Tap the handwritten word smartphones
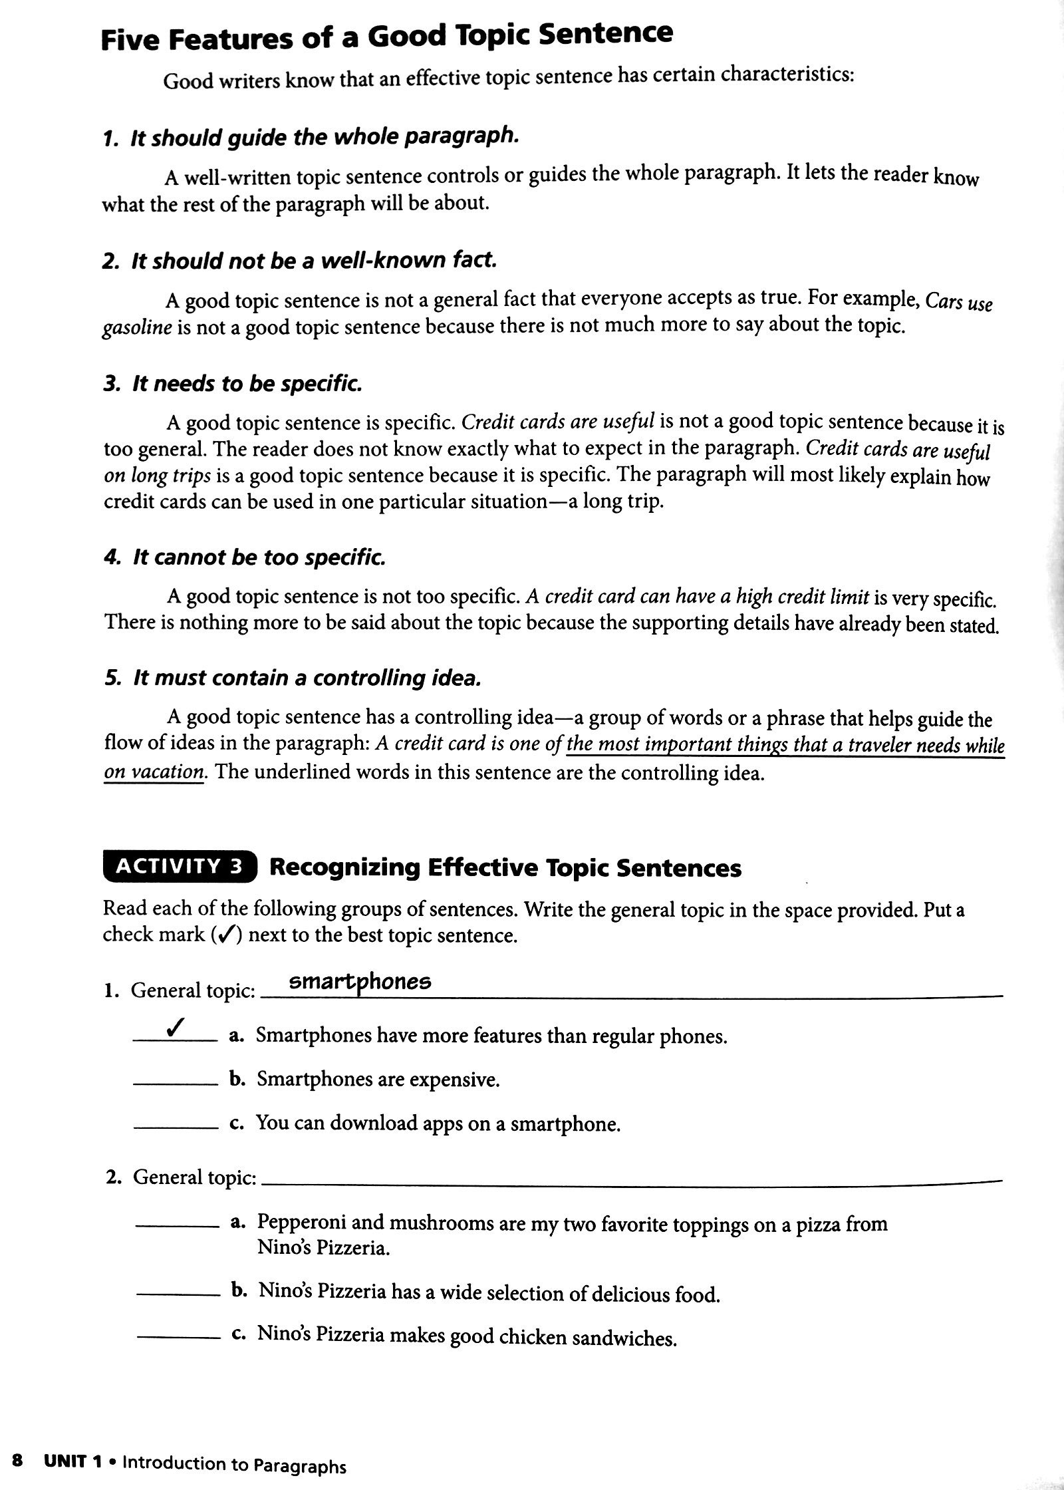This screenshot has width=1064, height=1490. [x=360, y=982]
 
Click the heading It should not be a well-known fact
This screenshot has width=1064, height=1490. [x=300, y=261]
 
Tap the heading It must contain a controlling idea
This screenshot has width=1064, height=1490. [x=293, y=678]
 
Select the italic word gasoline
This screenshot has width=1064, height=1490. [x=137, y=328]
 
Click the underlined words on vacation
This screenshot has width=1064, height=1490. [x=154, y=772]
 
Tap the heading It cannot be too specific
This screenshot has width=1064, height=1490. [x=245, y=557]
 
